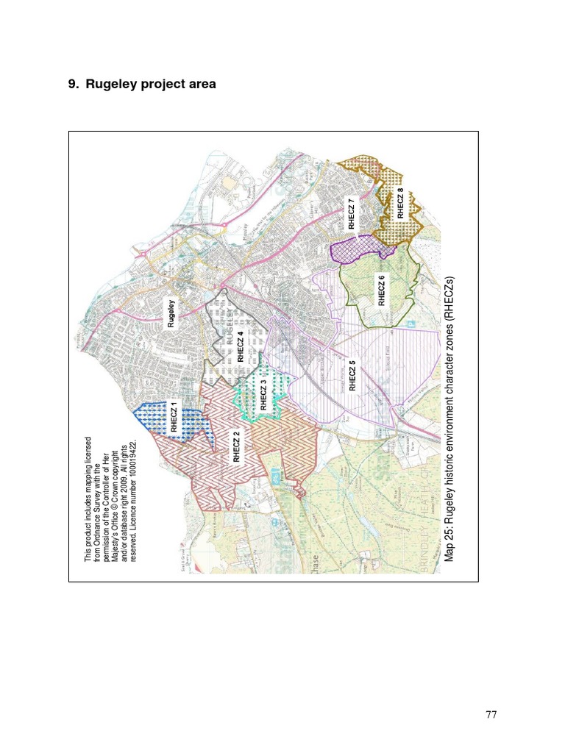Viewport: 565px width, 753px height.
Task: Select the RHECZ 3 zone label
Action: point(264,395)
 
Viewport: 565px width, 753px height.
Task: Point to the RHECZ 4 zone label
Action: point(241,346)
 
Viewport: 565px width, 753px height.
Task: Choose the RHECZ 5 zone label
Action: point(352,375)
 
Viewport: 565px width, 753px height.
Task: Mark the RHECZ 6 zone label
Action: point(381,290)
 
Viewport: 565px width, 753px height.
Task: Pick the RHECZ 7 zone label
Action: point(352,213)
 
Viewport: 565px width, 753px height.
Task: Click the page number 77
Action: point(491,714)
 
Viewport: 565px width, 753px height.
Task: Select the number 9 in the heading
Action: point(72,84)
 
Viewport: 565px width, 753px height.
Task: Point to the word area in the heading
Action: point(202,84)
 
